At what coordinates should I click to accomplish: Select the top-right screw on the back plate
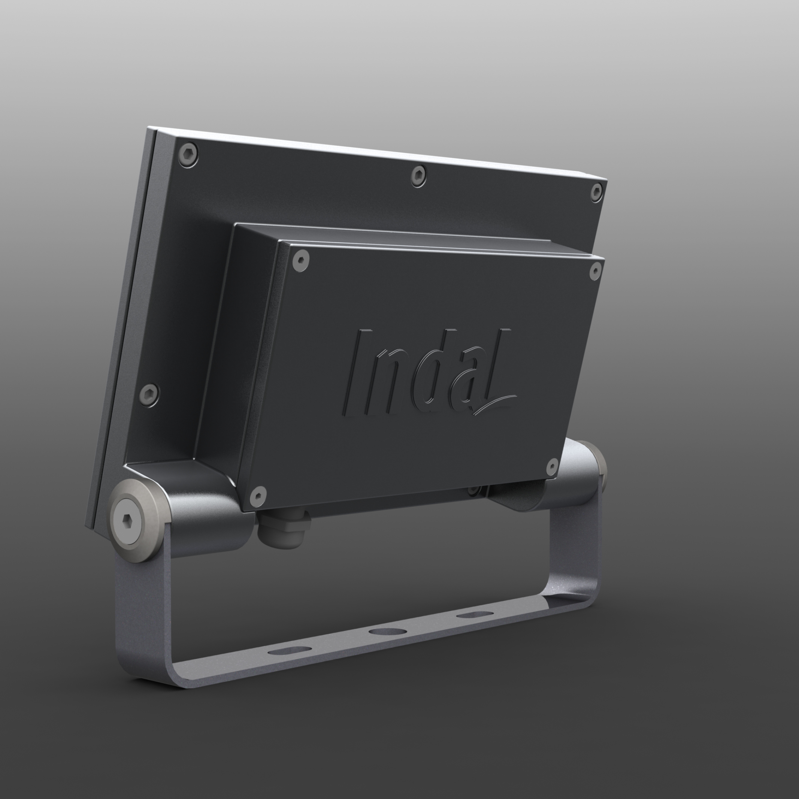596,192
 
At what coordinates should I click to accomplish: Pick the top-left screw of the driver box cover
301,261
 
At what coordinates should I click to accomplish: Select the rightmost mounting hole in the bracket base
475,615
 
